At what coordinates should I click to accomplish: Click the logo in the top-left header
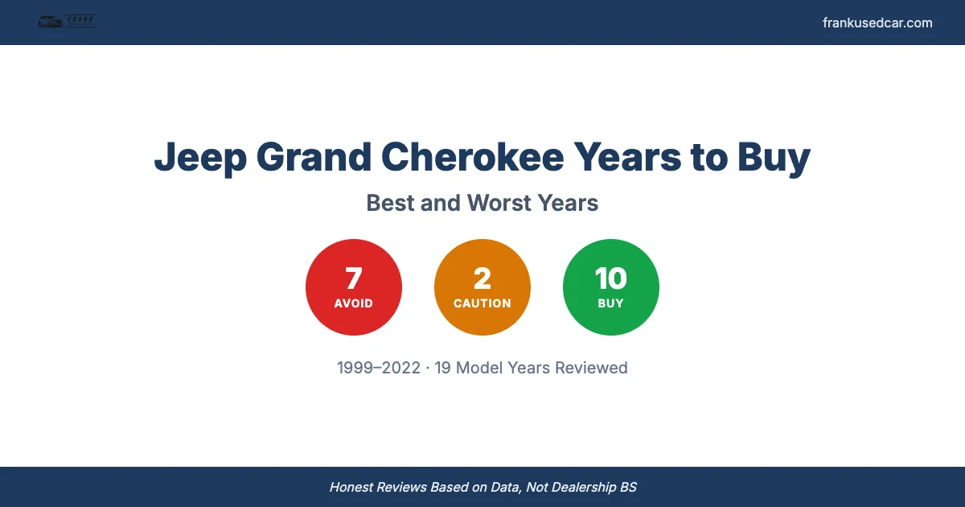pyautogui.click(x=67, y=22)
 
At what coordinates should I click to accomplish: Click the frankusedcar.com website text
pyautogui.click(x=877, y=23)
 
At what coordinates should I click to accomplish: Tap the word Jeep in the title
pyautogui.click(x=199, y=158)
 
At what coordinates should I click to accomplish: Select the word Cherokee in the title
pyautogui.click(x=473, y=156)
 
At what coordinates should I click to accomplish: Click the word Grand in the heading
pyautogui.click(x=313, y=156)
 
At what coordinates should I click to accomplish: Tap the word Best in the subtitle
pyautogui.click(x=391, y=203)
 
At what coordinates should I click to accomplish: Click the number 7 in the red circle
pyautogui.click(x=354, y=278)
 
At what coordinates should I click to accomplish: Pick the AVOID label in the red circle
pyautogui.click(x=354, y=303)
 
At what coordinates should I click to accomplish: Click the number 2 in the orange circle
pyautogui.click(x=482, y=278)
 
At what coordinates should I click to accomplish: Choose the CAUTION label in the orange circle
pyautogui.click(x=482, y=303)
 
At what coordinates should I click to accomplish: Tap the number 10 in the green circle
pyautogui.click(x=611, y=278)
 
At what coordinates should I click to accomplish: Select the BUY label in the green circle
pyautogui.click(x=611, y=303)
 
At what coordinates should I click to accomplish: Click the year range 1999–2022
pyautogui.click(x=379, y=368)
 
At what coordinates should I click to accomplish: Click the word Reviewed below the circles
pyautogui.click(x=591, y=368)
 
